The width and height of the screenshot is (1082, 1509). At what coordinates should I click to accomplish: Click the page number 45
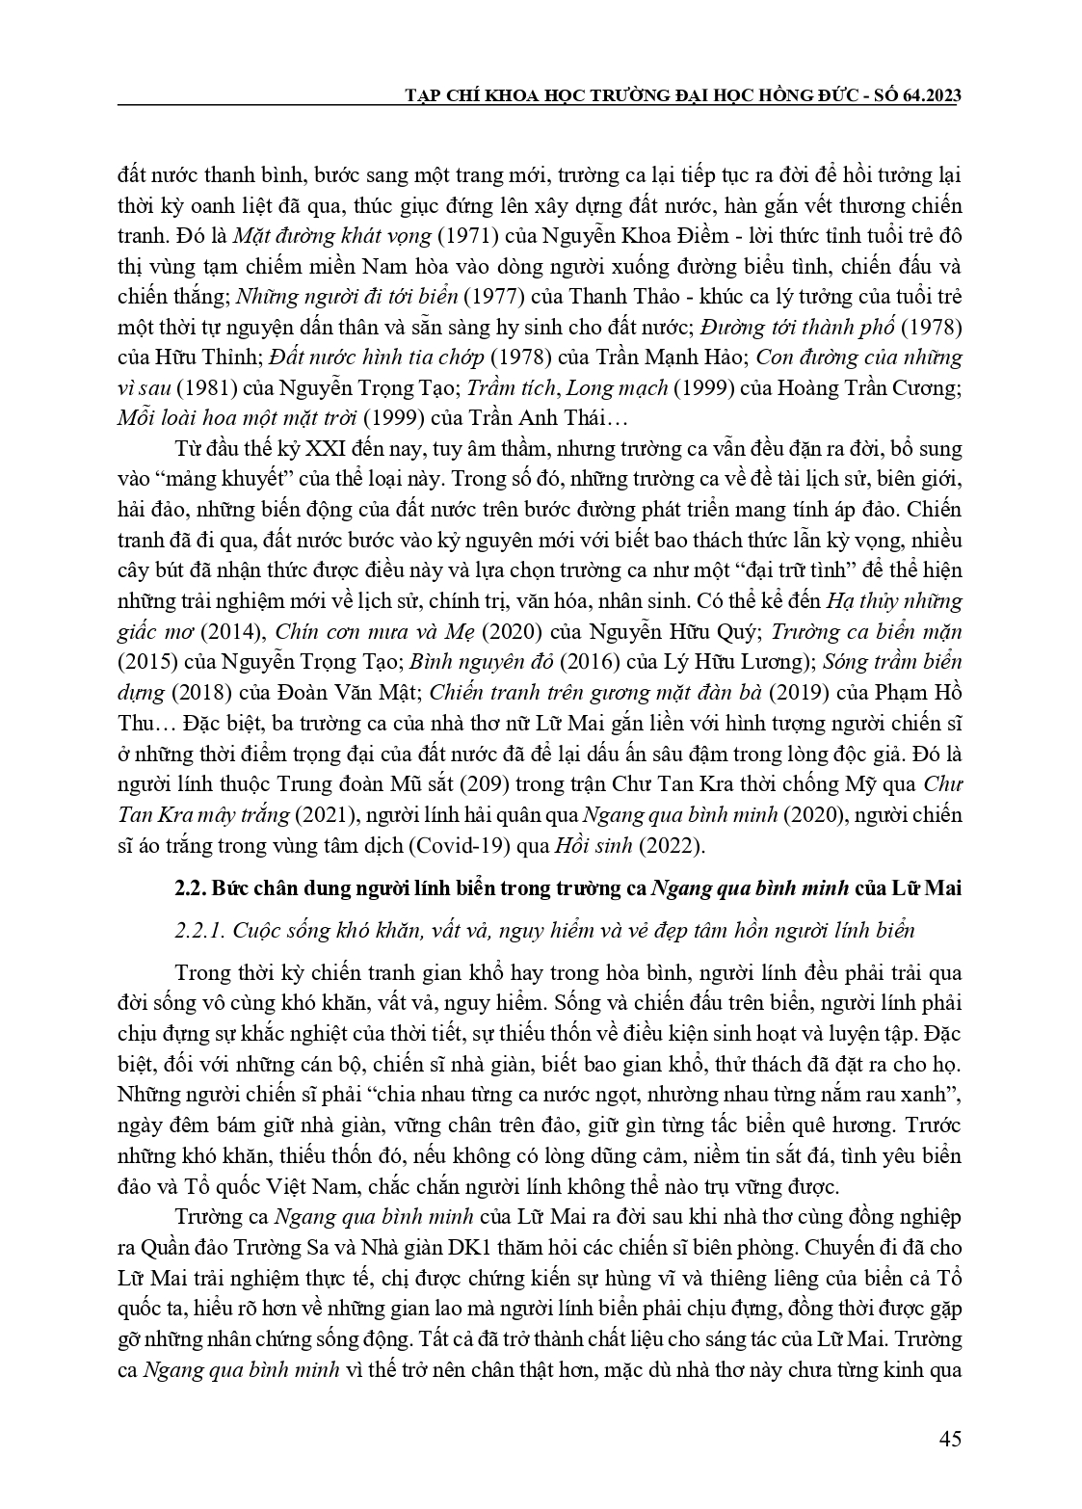click(949, 1440)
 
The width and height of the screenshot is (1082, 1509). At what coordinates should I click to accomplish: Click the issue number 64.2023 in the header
click(928, 97)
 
